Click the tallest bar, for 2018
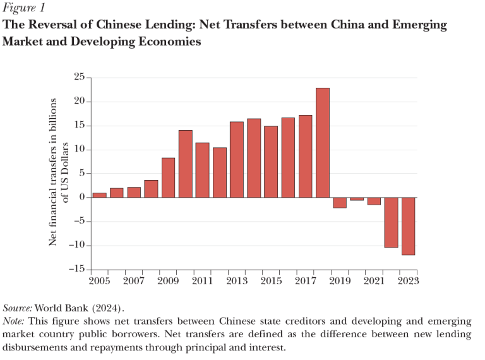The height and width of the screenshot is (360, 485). point(322,143)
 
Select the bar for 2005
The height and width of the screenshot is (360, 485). point(100,195)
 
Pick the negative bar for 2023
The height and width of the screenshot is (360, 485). point(408,226)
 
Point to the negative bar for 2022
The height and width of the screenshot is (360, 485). point(391,222)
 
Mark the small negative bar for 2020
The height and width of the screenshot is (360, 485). point(357,199)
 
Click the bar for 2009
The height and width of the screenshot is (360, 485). point(168,177)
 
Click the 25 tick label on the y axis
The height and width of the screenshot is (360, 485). point(78,78)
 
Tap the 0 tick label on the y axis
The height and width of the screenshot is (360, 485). point(81,198)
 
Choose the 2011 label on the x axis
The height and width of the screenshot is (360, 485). point(202,280)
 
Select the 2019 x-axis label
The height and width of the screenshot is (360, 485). point(339,280)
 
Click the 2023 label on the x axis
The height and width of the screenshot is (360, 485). point(408,280)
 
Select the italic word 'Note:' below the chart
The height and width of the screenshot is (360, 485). point(15,321)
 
